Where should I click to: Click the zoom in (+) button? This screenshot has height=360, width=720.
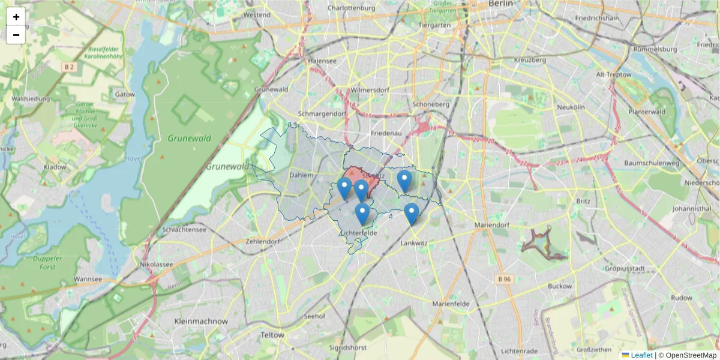point(16,17)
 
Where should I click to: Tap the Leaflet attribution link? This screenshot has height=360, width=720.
point(641,355)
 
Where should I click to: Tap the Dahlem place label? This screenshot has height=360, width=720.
point(301,175)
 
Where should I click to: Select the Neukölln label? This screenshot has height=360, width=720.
point(571,107)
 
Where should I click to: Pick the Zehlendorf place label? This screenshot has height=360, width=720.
point(263,242)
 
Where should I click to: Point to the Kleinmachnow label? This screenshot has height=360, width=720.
point(201,322)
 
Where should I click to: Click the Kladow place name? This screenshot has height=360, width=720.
point(55,167)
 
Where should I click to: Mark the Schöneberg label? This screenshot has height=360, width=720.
point(431,104)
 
